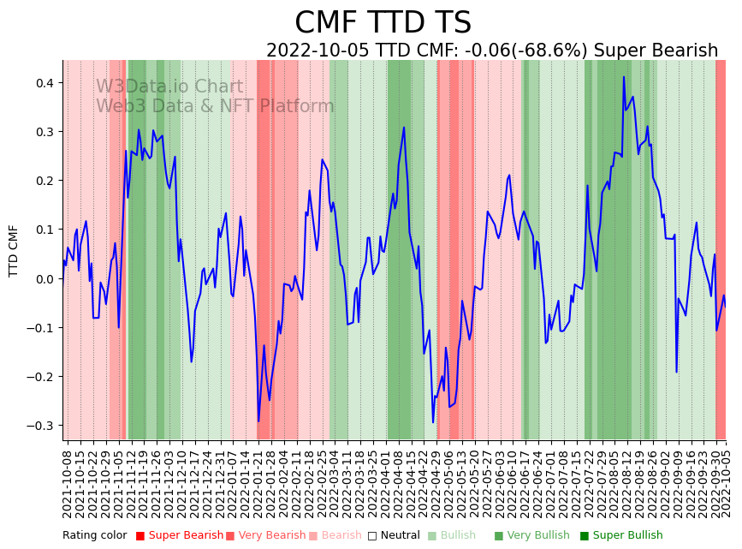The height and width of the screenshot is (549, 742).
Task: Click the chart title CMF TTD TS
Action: click(383, 23)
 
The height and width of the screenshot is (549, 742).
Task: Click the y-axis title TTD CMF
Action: click(14, 250)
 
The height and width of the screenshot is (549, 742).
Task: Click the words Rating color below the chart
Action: click(94, 535)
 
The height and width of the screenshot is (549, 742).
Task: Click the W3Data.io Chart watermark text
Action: click(169, 87)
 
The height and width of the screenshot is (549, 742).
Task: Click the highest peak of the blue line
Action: click(624, 77)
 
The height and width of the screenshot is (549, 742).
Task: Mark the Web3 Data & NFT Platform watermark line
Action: click(214, 106)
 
